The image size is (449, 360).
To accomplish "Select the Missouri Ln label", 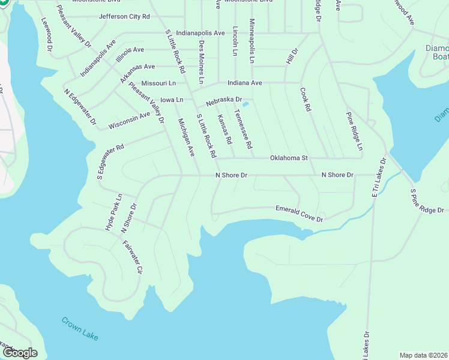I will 158,83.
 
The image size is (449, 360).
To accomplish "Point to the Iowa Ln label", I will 172,99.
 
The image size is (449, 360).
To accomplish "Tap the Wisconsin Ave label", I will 129,121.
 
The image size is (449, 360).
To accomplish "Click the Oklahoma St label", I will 289,158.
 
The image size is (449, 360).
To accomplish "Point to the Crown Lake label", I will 81,328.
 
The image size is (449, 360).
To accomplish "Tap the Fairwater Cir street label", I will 132,257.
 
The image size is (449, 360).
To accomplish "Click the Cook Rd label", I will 305,100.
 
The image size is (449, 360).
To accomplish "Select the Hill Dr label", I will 292,58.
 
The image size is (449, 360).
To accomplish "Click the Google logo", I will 19,353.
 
